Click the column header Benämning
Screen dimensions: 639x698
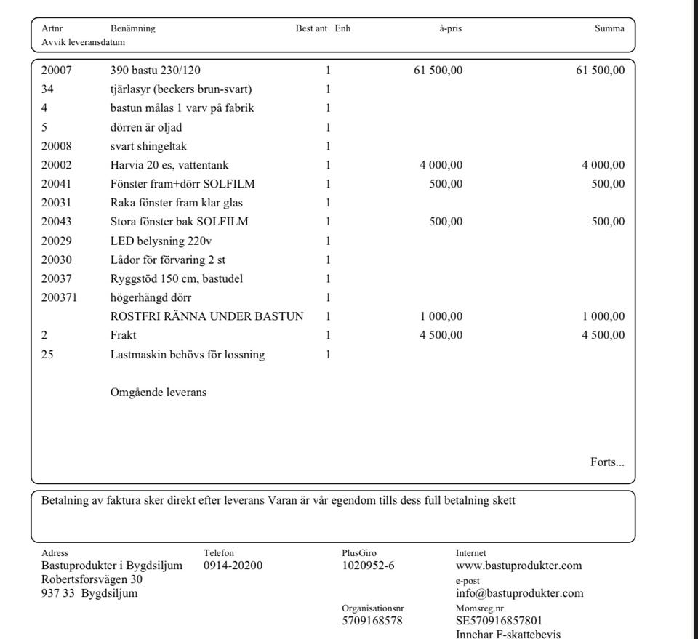[x=132, y=28]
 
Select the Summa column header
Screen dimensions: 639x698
[x=609, y=28]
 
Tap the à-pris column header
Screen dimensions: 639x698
[x=450, y=28]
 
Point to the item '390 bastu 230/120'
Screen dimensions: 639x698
[x=155, y=71]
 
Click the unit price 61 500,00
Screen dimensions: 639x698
[x=438, y=71]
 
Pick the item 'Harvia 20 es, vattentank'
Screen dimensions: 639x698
[x=169, y=165]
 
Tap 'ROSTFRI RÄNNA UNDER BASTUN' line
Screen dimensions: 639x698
[x=206, y=316]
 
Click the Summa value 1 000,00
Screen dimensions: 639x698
[x=603, y=316]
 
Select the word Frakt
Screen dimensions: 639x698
[x=123, y=335]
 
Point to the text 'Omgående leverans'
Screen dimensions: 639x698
[x=158, y=393]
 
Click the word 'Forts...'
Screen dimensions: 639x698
[x=607, y=462]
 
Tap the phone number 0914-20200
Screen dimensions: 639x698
[x=233, y=566]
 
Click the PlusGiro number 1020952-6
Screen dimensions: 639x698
[x=368, y=566]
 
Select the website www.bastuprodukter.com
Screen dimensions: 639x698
[x=518, y=566]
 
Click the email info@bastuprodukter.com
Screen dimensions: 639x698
[x=519, y=593]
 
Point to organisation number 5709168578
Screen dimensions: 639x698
[x=372, y=621]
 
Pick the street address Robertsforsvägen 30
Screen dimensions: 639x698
[x=92, y=579]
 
